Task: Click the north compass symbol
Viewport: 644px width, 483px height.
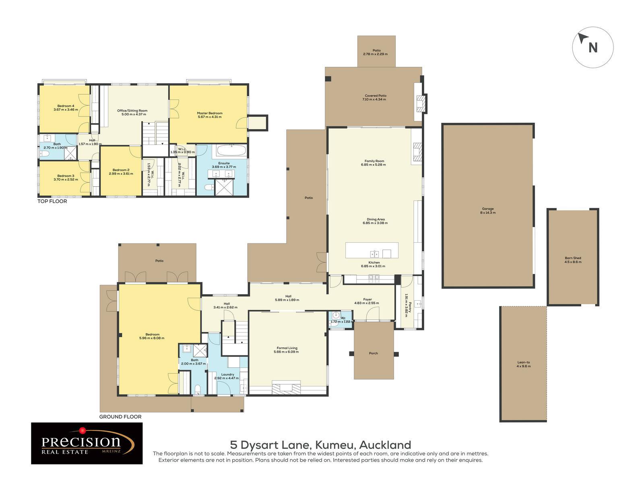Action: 592,47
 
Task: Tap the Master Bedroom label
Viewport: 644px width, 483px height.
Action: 209,115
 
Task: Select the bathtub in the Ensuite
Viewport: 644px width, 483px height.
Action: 231,152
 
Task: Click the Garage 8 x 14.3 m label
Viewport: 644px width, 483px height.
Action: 488,211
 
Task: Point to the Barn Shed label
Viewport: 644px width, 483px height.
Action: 573,260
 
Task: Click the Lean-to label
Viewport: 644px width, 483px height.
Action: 524,364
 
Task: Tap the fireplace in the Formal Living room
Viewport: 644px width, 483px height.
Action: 286,387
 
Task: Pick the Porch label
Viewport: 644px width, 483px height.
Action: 373,353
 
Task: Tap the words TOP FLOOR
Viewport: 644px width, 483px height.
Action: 52,201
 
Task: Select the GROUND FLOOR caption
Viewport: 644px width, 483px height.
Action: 120,417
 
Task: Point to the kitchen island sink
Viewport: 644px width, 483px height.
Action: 375,254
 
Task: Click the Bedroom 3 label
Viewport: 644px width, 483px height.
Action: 66,178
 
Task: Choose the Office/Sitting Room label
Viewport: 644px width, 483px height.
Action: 132,112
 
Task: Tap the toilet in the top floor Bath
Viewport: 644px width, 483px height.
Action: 45,153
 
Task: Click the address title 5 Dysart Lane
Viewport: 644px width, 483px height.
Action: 320,445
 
